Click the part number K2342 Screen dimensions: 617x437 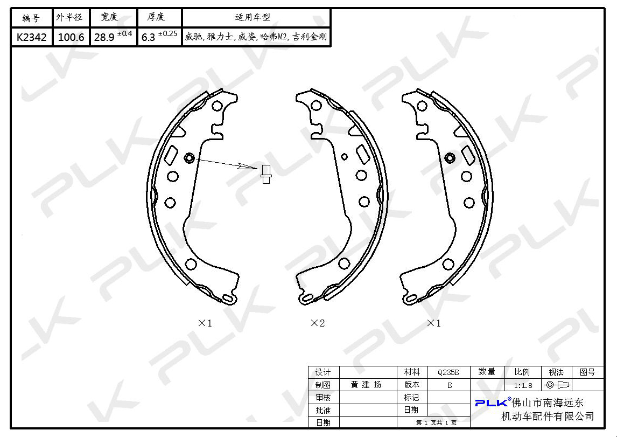pyautogui.click(x=31, y=37)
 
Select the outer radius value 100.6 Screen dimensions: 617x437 pyautogui.click(x=71, y=37)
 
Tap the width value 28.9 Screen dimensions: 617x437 pyautogui.click(x=104, y=37)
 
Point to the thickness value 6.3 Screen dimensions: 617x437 pyautogui.click(x=149, y=37)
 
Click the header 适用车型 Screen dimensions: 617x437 pyautogui.click(x=253, y=17)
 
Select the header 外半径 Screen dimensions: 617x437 pyautogui.click(x=69, y=17)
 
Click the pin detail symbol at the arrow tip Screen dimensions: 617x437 pyautogui.click(x=266, y=173)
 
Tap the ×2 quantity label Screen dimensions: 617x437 pyautogui.click(x=318, y=323)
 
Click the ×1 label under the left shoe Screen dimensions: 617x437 pyautogui.click(x=205, y=323)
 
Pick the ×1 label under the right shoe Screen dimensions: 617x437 pyautogui.click(x=433, y=323)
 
